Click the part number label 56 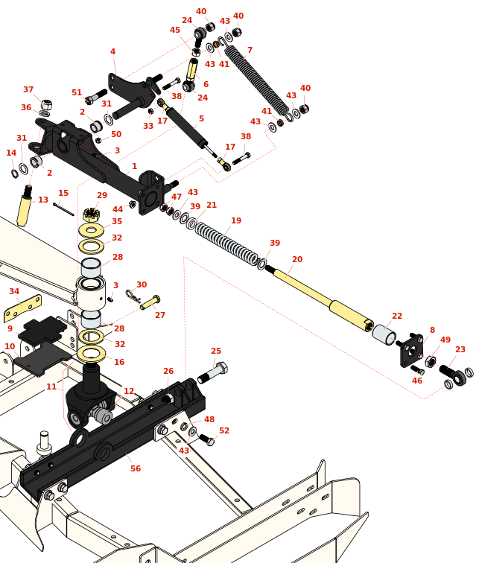pos(136,468)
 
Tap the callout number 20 pos(297,259)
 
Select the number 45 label pos(175,31)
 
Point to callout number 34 pos(14,291)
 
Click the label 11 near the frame pos(51,387)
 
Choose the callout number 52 pos(224,430)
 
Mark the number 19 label pos(236,220)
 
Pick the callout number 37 pos(28,90)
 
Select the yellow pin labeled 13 pos(25,209)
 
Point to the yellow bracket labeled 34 pos(22,306)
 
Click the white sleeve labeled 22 pos(384,334)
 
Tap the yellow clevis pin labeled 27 pos(150,303)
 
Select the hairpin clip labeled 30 pos(133,296)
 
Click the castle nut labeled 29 pos(92,215)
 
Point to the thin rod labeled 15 pos(63,209)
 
